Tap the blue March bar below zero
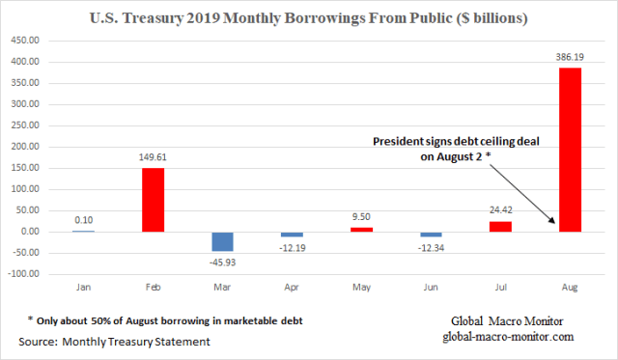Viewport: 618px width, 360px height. [224, 241]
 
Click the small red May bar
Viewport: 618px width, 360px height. [361, 230]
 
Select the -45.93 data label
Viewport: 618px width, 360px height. [224, 261]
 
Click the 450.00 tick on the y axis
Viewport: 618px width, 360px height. [26, 42]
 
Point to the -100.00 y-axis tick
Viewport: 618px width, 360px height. [24, 274]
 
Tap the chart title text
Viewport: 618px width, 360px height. [309, 17]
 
